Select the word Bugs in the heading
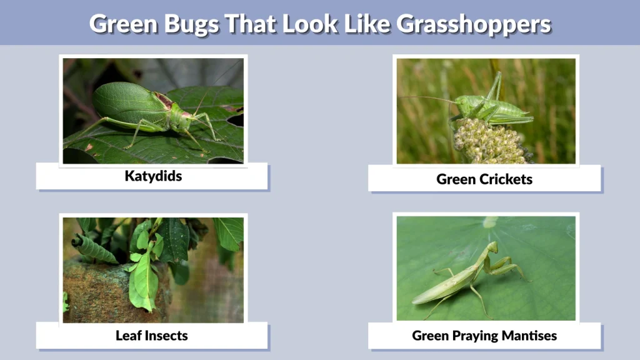pos(191,24)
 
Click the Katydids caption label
pos(153,176)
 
